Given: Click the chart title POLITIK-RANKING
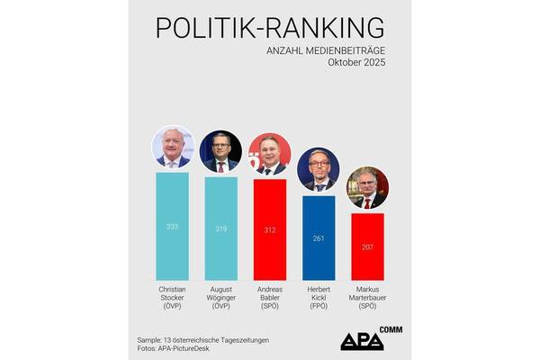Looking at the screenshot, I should pos(269,28).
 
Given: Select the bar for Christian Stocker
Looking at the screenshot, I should pos(172,225).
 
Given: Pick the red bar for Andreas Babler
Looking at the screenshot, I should pos(269,229).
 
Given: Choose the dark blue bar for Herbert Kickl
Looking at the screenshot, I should pos(319,238).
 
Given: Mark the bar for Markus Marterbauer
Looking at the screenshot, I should pos(367,246).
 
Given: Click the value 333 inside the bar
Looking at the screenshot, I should pos(172,227).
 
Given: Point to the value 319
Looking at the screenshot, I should pos(220,229).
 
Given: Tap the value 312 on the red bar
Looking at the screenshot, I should pos(269,229).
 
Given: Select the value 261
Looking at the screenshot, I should pos(319,238).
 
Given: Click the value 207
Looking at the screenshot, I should pos(367,247).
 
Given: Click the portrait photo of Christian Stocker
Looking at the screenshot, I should pos(172,148).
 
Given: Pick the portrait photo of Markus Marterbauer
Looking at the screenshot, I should pos(367,188).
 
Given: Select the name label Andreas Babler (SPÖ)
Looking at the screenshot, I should pos(269,298).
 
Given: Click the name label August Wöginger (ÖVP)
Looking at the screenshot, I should pos(220,298).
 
